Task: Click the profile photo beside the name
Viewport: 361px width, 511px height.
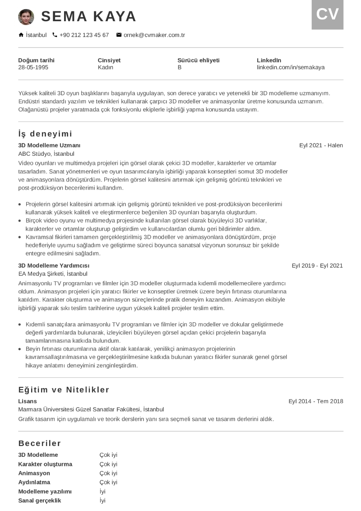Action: (26, 17)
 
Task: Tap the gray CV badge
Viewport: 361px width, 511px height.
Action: (327, 14)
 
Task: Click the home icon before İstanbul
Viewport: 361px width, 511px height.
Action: (21, 35)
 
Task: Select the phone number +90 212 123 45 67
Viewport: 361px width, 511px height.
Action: (84, 35)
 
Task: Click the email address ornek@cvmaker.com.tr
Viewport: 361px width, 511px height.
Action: (154, 35)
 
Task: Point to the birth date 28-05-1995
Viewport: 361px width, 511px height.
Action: (33, 67)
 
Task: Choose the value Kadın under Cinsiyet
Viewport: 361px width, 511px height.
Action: (105, 67)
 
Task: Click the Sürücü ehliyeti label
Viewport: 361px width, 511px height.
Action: (198, 60)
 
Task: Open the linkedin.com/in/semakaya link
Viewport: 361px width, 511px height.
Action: (291, 67)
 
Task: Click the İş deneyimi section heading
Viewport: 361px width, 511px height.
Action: (45, 134)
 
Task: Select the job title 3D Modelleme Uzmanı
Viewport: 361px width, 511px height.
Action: (49, 145)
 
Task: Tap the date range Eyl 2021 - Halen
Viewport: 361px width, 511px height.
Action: (321, 145)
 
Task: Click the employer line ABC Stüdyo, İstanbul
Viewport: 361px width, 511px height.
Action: (46, 153)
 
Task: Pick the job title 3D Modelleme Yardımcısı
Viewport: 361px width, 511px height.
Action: (54, 265)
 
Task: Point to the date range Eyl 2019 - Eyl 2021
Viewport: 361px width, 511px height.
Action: (317, 265)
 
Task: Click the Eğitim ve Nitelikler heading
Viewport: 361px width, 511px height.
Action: (64, 390)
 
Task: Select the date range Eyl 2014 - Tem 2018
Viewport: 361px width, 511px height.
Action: (316, 401)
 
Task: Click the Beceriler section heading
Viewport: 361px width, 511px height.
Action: (40, 443)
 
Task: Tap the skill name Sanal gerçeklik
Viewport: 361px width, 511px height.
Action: (39, 501)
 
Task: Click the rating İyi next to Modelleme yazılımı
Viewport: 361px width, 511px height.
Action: (102, 492)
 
